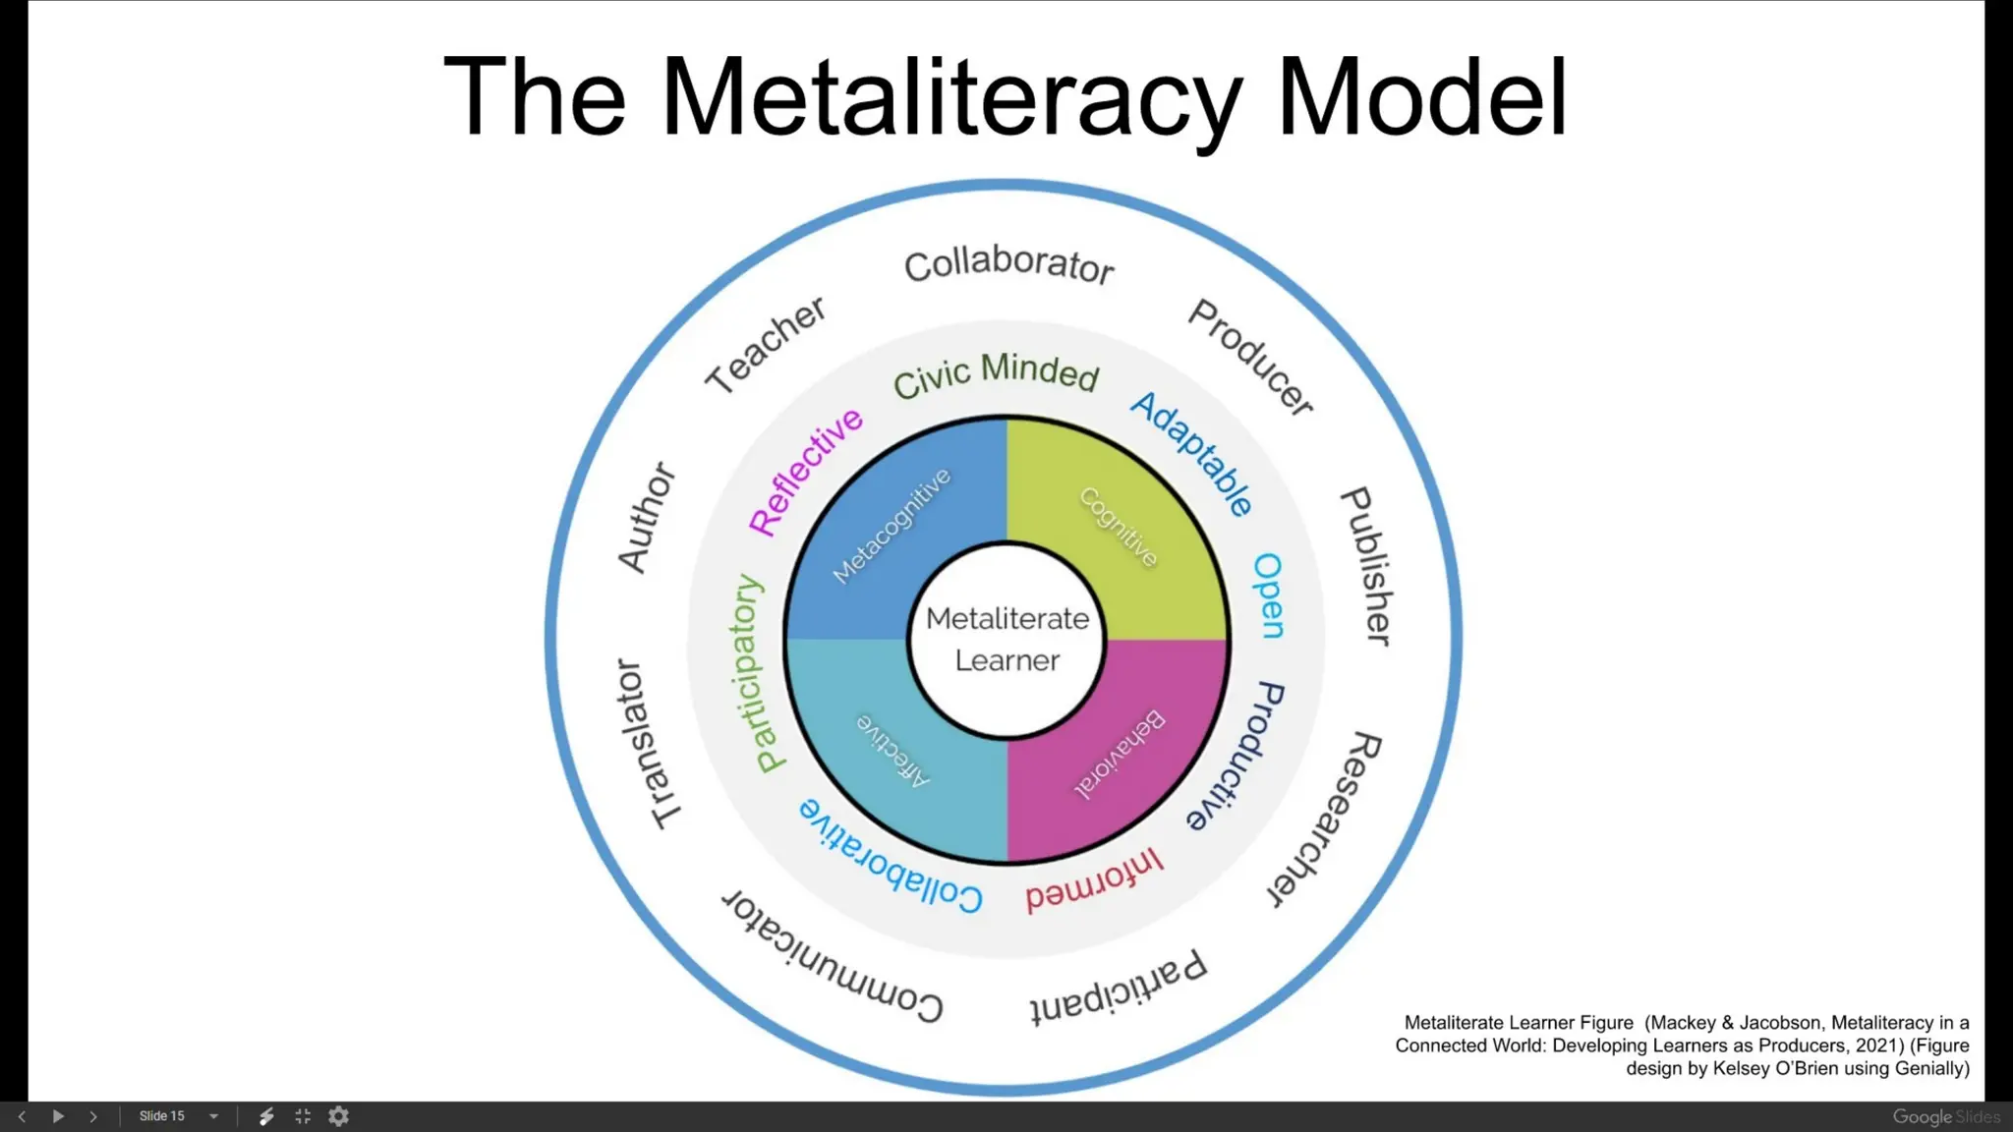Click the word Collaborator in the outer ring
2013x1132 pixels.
[1008, 263]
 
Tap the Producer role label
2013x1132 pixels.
[1250, 357]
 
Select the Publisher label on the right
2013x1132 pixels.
[1367, 566]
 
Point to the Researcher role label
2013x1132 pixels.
[1324, 819]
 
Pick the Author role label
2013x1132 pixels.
[647, 518]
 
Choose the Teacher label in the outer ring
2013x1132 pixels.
[766, 344]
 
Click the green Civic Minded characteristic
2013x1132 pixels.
[996, 374]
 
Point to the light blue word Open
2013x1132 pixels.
[1268, 595]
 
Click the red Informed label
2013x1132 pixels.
[1094, 880]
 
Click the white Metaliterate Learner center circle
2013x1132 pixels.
[1007, 640]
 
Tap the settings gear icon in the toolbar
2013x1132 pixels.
[339, 1116]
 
